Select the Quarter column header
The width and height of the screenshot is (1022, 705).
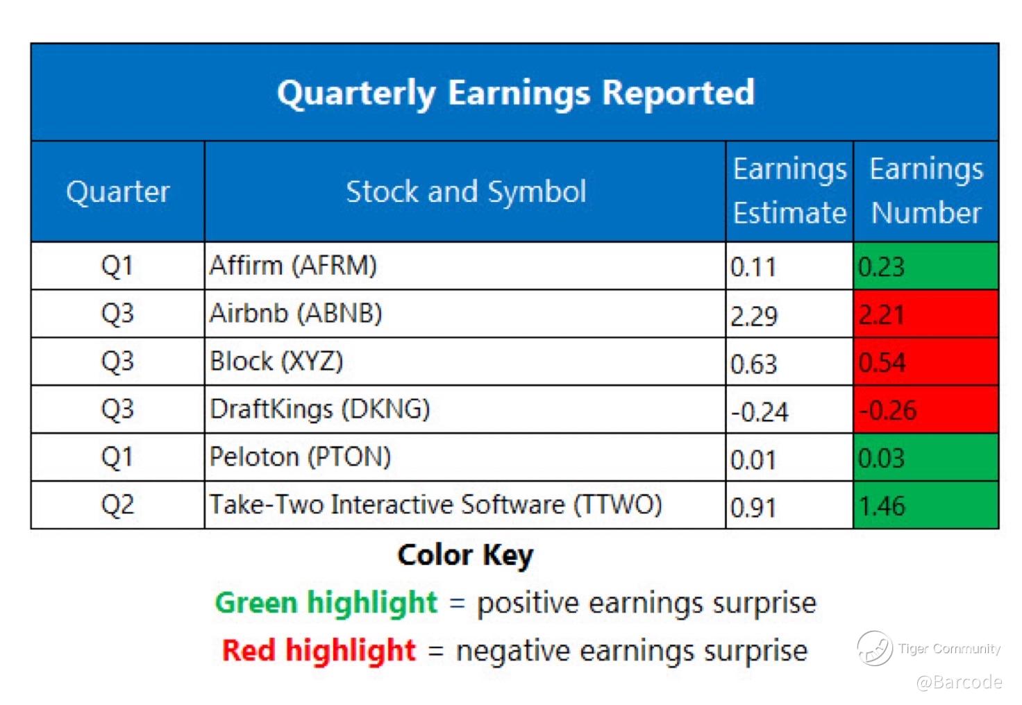point(118,192)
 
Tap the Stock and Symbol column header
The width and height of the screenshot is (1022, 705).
point(466,192)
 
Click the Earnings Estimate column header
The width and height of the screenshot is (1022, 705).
point(790,191)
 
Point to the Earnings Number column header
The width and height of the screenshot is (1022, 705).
point(926,191)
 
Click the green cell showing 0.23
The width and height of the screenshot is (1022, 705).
point(926,266)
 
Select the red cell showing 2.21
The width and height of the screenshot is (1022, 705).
point(926,314)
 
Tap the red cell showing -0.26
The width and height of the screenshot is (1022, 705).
point(926,409)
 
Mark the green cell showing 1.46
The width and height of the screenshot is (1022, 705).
point(926,504)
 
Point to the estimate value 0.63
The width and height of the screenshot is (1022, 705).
point(753,364)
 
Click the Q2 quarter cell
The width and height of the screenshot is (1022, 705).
point(117,504)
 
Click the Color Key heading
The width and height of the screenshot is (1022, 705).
point(465,555)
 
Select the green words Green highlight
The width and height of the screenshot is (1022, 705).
point(326,603)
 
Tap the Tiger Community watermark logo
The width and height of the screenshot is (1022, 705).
point(875,648)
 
